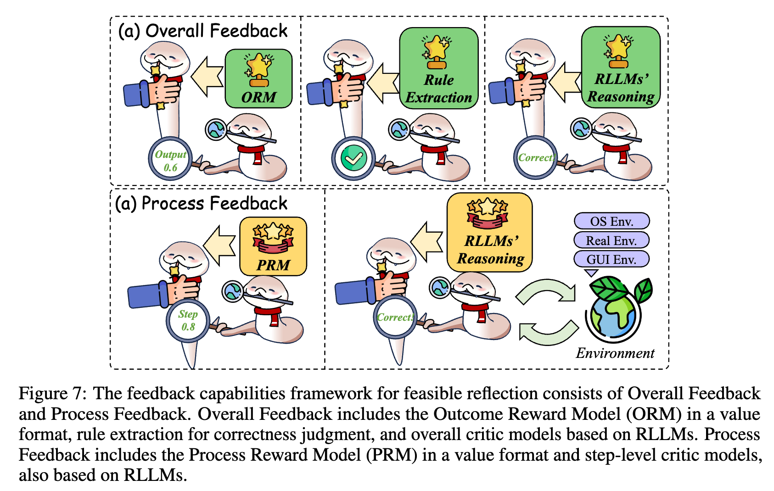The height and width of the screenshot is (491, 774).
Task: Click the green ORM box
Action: (258, 78)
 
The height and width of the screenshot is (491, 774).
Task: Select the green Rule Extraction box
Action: (438, 68)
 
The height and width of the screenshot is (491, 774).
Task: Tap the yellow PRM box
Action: (273, 246)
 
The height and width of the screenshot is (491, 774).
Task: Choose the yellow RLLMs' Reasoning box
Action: (489, 232)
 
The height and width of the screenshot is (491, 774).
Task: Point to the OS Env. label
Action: (611, 221)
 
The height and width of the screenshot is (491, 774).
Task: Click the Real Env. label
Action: (611, 240)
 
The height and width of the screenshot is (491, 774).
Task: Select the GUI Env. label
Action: (611, 259)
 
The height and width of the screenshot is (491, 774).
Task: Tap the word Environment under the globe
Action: (615, 353)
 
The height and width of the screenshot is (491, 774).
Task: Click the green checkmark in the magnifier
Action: (353, 158)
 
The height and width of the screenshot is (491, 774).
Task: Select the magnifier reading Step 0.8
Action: (188, 320)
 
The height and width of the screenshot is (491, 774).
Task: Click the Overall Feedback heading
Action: (202, 31)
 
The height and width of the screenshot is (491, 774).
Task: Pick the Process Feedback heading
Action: (201, 203)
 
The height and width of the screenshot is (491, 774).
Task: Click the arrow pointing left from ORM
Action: (207, 77)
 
